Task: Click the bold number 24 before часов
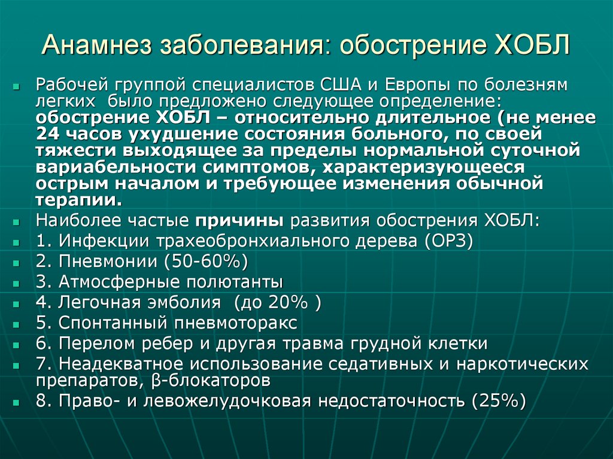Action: tap(45, 133)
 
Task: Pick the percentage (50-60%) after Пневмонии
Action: tap(202, 262)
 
